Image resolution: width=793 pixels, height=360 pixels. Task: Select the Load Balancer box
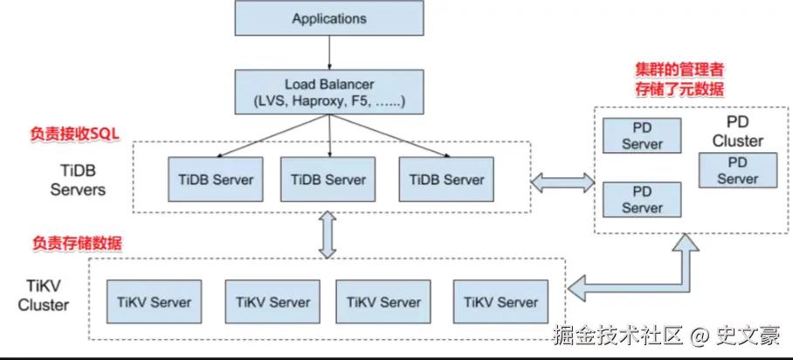point(329,92)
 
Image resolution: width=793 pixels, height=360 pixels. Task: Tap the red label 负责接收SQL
point(75,135)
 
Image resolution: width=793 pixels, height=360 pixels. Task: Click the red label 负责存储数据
point(77,243)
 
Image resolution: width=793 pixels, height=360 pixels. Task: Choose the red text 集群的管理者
point(679,68)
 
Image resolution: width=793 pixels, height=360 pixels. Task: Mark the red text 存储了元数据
point(679,90)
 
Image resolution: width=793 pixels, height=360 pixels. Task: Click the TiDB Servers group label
point(78,181)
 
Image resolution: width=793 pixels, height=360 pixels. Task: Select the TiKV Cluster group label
point(44,295)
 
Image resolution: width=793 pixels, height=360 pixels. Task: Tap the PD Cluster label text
point(738,132)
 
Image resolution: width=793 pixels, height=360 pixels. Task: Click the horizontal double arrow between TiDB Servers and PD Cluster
point(562,183)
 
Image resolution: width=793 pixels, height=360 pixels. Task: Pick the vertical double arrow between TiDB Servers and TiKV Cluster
point(328,235)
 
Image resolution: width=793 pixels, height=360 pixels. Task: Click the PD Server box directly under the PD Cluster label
point(738,171)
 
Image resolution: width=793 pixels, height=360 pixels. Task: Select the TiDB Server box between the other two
point(328,179)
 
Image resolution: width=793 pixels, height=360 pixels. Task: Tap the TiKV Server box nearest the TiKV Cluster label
point(155,301)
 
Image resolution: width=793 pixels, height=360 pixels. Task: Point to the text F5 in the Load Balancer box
point(362,100)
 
